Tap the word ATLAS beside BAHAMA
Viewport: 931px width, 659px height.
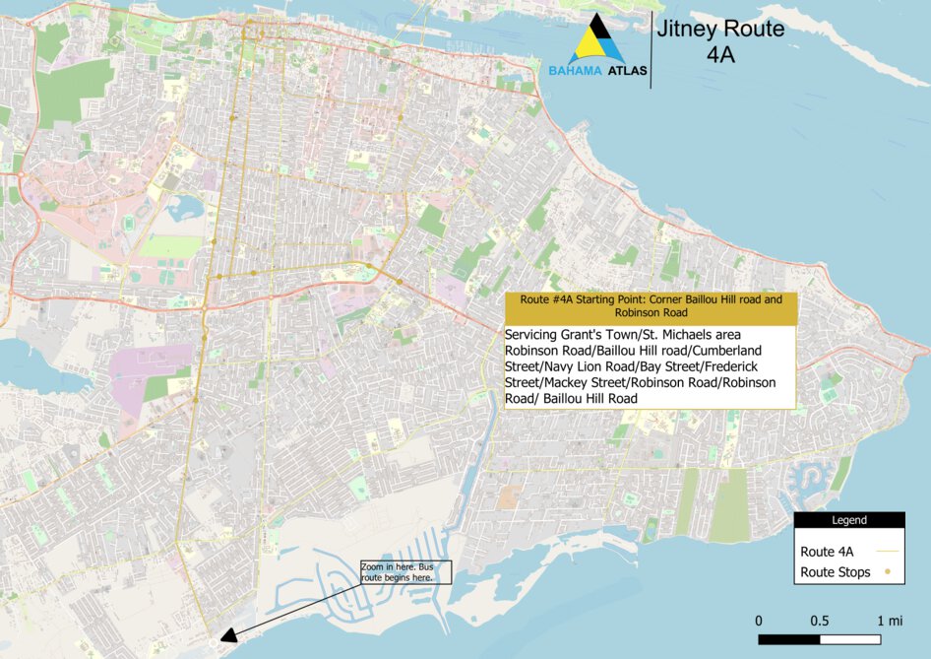point(625,72)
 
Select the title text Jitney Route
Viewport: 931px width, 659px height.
point(719,30)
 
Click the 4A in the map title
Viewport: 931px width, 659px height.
point(721,55)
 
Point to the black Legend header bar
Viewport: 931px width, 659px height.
point(849,520)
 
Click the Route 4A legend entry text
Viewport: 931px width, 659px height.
point(827,552)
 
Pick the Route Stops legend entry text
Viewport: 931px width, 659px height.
point(835,572)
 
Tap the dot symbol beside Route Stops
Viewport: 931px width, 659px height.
point(888,571)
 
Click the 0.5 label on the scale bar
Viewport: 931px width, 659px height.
point(820,621)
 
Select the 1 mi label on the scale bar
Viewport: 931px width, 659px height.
point(889,621)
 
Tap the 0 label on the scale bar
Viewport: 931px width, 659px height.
point(759,621)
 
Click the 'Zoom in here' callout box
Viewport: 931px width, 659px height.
point(404,572)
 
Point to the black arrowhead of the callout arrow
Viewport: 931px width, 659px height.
point(227,635)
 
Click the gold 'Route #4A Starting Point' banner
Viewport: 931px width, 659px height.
point(649,304)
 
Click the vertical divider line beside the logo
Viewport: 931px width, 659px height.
point(651,51)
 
